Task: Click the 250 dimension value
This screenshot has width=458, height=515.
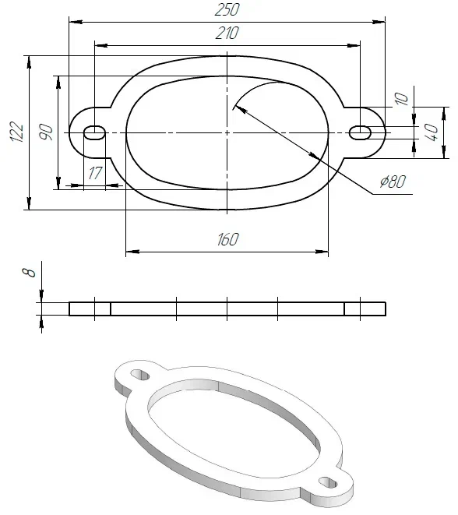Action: tap(227, 9)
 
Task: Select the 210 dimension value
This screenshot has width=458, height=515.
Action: tap(227, 33)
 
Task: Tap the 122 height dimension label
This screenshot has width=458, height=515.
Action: tap(17, 132)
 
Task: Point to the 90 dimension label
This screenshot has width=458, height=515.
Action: tap(46, 132)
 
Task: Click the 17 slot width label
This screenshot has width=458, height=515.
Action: tap(95, 173)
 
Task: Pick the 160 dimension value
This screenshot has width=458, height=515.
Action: tap(228, 239)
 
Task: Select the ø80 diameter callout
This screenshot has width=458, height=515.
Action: tap(393, 182)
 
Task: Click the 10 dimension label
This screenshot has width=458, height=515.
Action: tap(401, 98)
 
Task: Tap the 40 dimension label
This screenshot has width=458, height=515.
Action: tap(432, 132)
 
